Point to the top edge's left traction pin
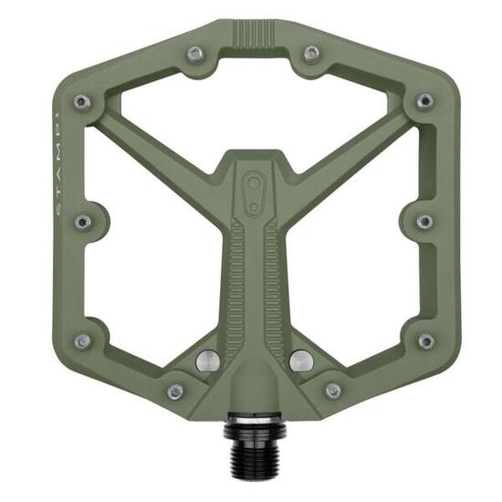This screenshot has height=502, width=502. (194, 54)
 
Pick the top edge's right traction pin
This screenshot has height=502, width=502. (311, 54)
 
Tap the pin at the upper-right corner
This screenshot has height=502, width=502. (424, 101)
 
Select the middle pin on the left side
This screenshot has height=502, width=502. (83, 221)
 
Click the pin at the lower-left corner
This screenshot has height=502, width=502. (83, 340)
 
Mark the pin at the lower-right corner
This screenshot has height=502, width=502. (424, 340)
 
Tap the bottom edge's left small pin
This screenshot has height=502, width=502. (175, 391)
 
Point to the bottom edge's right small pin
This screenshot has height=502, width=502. (333, 391)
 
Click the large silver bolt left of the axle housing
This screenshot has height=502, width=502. (208, 361)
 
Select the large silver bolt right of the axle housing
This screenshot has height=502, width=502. (299, 361)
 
